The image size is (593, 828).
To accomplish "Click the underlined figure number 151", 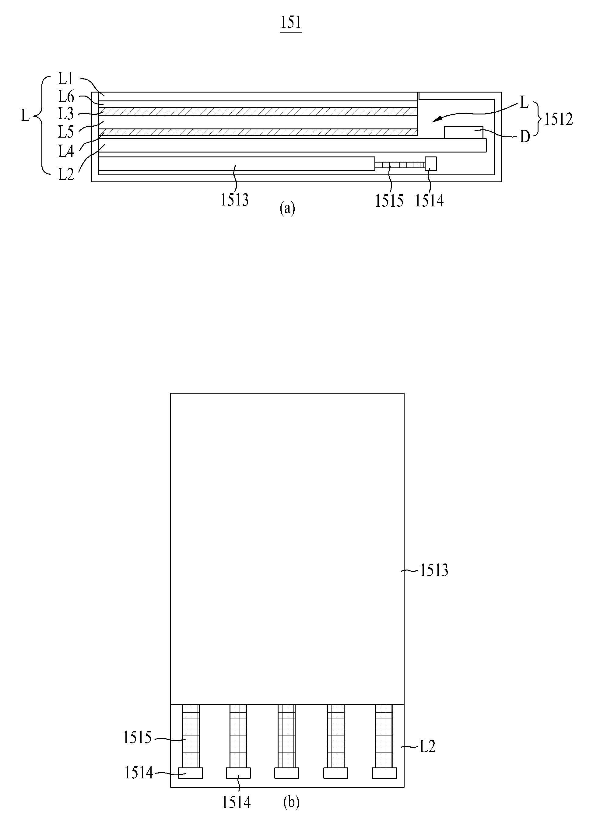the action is pos(291,23).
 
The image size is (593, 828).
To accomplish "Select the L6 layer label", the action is pos(66,97).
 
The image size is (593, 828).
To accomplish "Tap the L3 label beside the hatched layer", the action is pos(66,114).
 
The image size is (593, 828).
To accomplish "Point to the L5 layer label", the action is pos(66,132).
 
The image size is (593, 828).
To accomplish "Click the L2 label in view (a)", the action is pos(66,175).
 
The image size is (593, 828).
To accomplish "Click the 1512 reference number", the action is pos(558,119).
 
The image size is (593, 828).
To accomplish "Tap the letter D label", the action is pos(525,137).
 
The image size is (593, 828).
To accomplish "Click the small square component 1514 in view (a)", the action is pos(430,163).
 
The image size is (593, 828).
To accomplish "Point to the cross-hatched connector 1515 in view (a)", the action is pos(400,165).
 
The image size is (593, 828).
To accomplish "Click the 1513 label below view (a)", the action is pos(234,200).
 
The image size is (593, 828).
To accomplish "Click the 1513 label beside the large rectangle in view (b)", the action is pos(434,570).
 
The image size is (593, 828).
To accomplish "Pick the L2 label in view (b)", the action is pos(427,747).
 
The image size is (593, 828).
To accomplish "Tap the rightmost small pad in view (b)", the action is pos(384,773).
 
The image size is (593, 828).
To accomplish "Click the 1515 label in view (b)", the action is pos(137,738).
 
